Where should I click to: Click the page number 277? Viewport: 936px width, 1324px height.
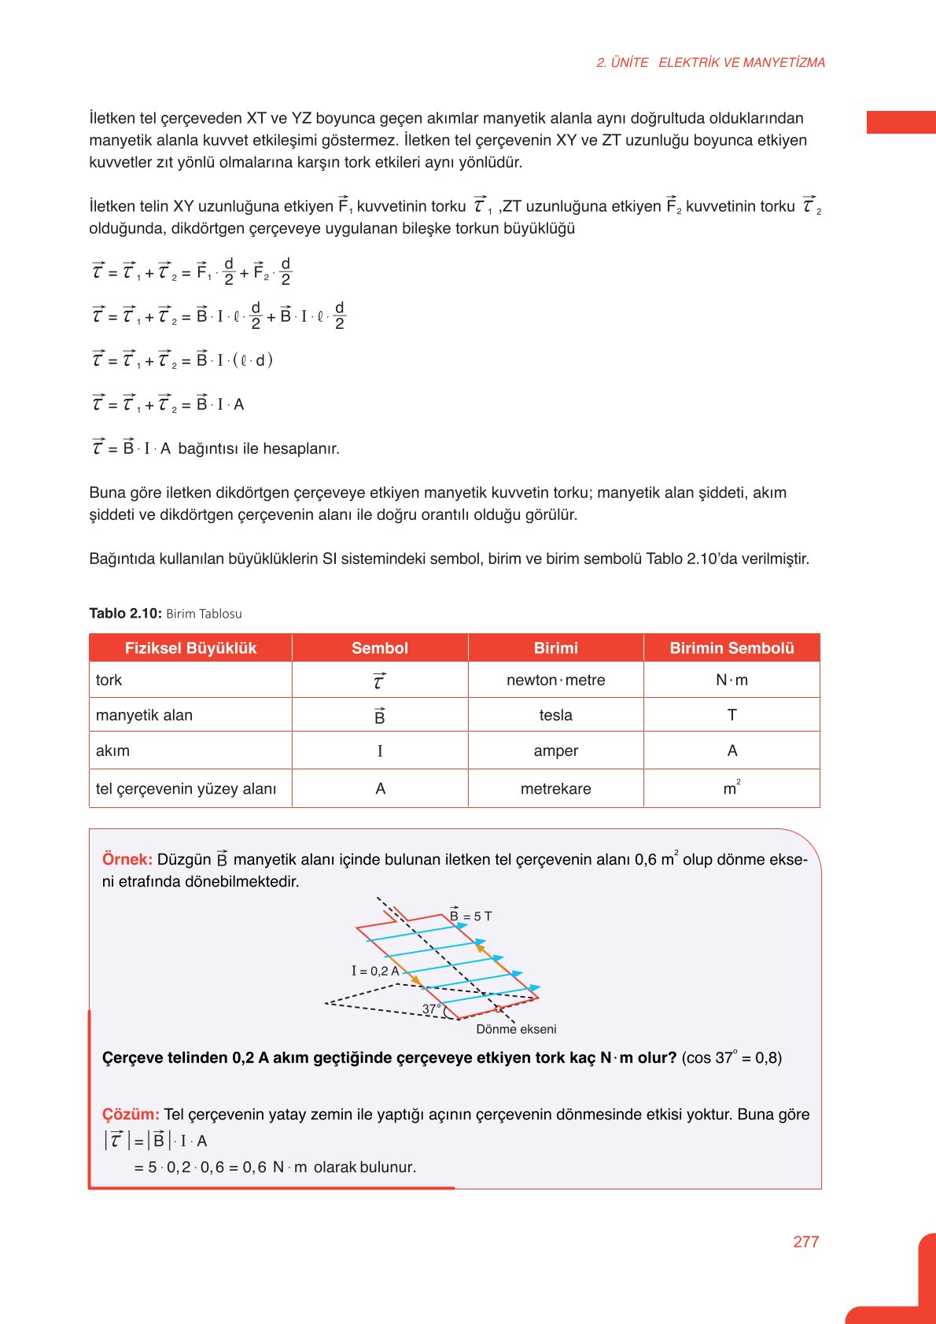[x=805, y=1241]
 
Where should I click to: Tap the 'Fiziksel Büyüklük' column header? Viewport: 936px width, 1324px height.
[x=190, y=648]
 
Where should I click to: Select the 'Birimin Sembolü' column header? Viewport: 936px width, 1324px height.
[x=731, y=648]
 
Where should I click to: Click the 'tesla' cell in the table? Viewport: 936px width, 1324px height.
[x=555, y=715]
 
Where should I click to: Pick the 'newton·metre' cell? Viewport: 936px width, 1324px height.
[x=555, y=680]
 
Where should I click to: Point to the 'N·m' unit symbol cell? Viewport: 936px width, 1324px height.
[x=731, y=680]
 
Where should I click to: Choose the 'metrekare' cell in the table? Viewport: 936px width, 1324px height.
[x=555, y=788]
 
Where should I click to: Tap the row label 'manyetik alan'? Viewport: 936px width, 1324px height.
[x=144, y=715]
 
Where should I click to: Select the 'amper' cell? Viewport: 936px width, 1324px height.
[x=555, y=751]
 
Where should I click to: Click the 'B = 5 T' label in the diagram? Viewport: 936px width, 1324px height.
[x=470, y=916]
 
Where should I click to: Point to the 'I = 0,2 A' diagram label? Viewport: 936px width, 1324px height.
[x=375, y=971]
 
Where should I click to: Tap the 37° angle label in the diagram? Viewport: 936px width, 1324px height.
[x=431, y=1009]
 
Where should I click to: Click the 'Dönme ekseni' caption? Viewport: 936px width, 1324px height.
[x=516, y=1029]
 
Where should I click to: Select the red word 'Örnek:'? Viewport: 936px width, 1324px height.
[x=127, y=859]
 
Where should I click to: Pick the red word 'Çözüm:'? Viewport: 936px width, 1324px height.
[x=131, y=1114]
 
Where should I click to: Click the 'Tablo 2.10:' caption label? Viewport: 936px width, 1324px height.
[x=125, y=614]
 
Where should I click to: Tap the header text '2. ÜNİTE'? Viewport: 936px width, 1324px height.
[x=622, y=62]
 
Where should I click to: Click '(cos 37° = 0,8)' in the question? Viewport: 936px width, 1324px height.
[x=731, y=1057]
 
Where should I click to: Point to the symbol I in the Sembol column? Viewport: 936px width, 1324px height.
[x=380, y=751]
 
